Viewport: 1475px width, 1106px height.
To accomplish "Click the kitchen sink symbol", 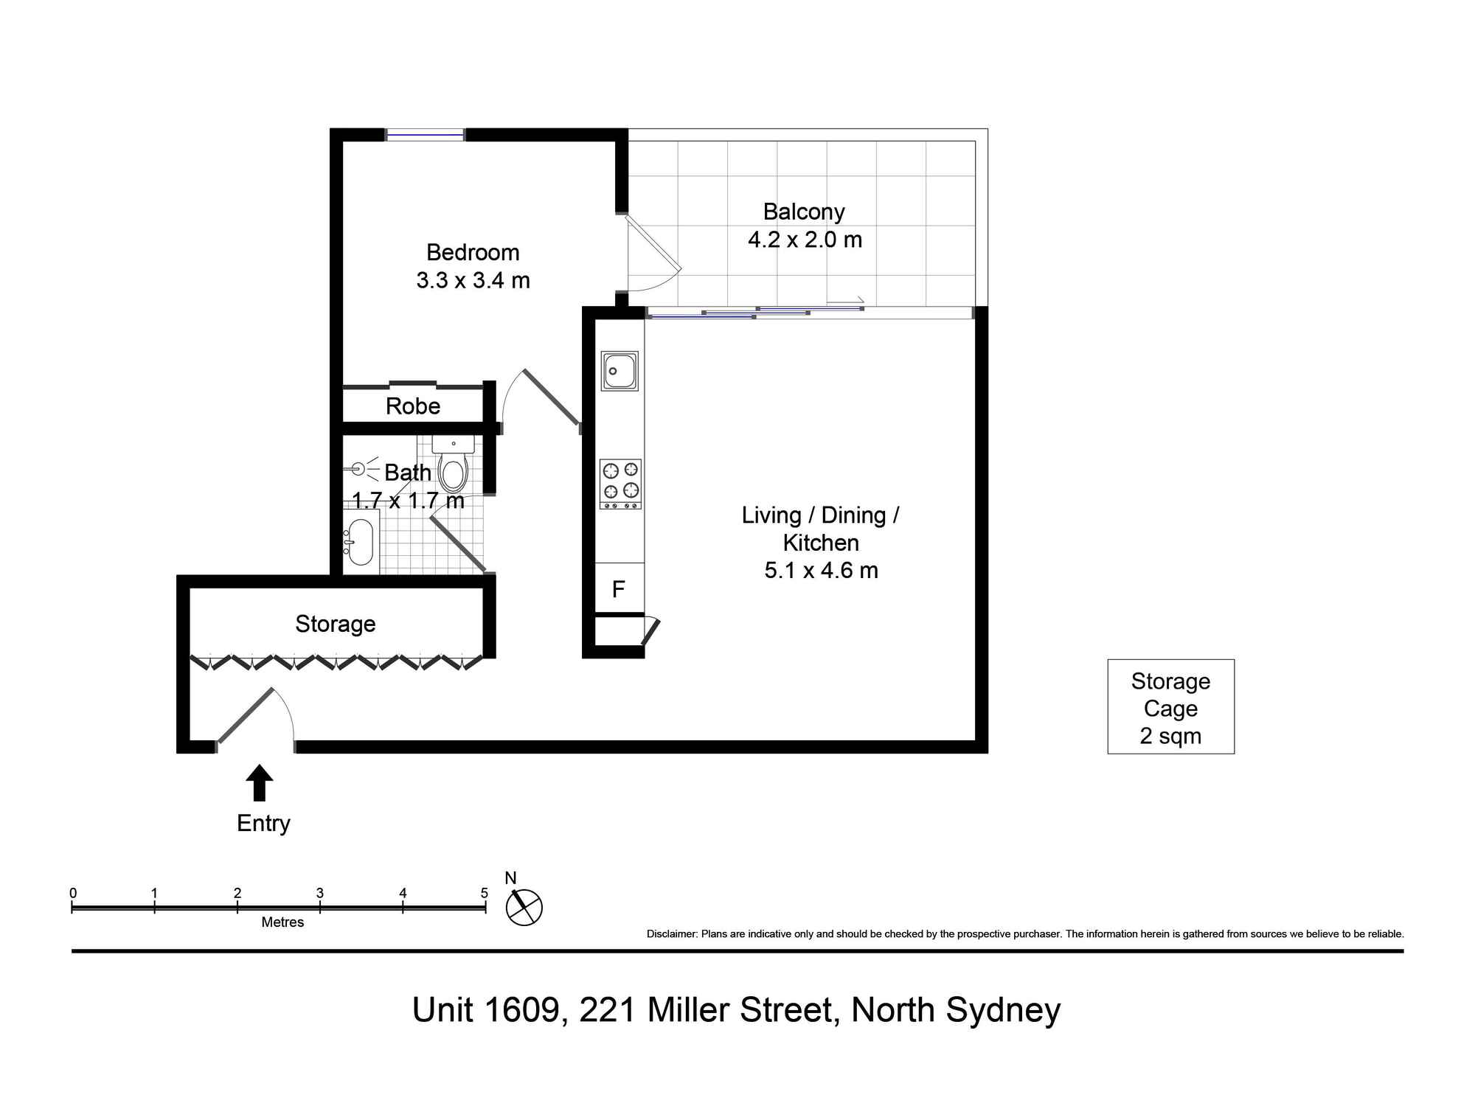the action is point(620,370).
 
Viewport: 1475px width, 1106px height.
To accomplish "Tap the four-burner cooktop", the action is point(620,484).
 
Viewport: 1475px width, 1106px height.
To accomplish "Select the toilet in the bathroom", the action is point(453,464).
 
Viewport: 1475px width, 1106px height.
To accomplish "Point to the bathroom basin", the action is point(360,542).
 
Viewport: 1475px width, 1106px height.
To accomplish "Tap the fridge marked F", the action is point(619,588).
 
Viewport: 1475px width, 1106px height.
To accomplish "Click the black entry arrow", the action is point(259,782).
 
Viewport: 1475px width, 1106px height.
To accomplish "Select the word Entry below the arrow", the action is point(263,823).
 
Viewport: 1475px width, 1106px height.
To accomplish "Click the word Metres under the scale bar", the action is point(282,922).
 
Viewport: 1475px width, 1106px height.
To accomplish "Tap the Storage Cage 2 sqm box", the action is point(1171,706).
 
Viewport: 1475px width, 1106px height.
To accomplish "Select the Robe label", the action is point(413,406).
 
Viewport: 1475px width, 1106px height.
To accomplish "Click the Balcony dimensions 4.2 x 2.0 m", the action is point(805,240).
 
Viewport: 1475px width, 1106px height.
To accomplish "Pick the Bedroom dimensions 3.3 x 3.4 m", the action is point(473,280).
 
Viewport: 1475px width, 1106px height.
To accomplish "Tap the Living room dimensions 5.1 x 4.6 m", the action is point(821,570).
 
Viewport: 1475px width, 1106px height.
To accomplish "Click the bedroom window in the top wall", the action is point(426,134).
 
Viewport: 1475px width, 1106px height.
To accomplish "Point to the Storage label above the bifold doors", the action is point(336,624).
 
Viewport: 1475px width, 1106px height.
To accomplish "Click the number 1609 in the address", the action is point(522,1009).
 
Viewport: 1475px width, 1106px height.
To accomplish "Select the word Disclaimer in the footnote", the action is point(671,934).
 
